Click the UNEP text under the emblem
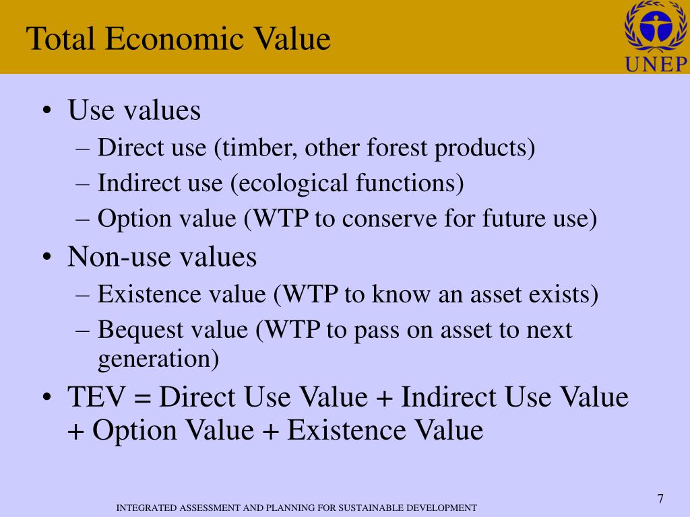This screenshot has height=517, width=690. click(656, 65)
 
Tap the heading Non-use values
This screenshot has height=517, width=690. click(162, 257)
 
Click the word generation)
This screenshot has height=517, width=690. click(158, 359)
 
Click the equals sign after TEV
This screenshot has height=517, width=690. click(142, 397)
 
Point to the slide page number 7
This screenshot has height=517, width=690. click(660, 499)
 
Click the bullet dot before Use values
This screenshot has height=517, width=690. click(47, 112)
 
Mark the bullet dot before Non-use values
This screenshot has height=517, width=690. click(47, 258)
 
